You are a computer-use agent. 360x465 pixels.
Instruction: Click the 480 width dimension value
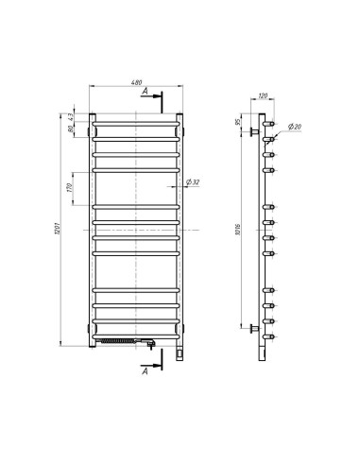pos(137,83)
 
